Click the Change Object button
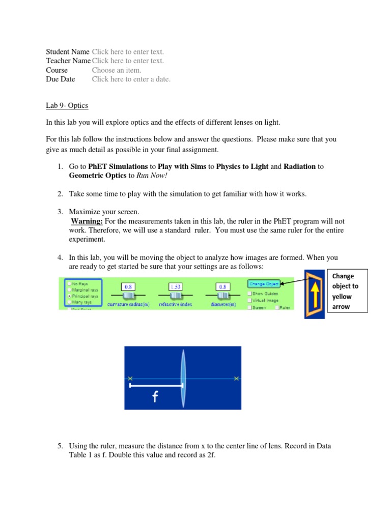[x=263, y=283]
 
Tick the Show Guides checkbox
[x=249, y=294]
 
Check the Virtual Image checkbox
[x=249, y=300]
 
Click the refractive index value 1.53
[x=176, y=286]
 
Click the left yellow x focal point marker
[x=130, y=378]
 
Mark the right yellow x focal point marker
[x=236, y=378]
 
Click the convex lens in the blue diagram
[x=183, y=378]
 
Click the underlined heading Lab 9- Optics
[x=67, y=106]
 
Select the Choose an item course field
[x=117, y=70]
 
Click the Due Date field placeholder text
[x=131, y=79]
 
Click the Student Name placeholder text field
[x=128, y=52]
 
